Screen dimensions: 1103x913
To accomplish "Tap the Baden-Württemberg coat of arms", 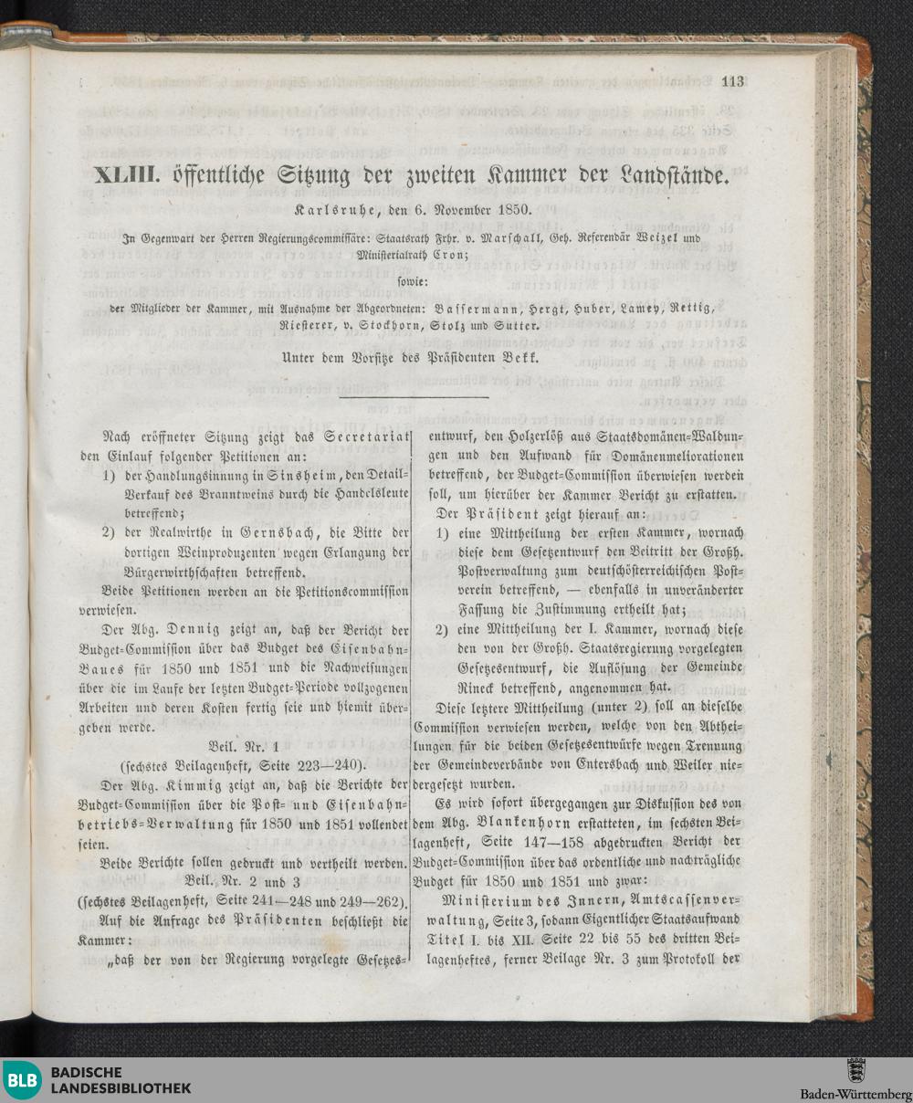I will [x=856, y=1071].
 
